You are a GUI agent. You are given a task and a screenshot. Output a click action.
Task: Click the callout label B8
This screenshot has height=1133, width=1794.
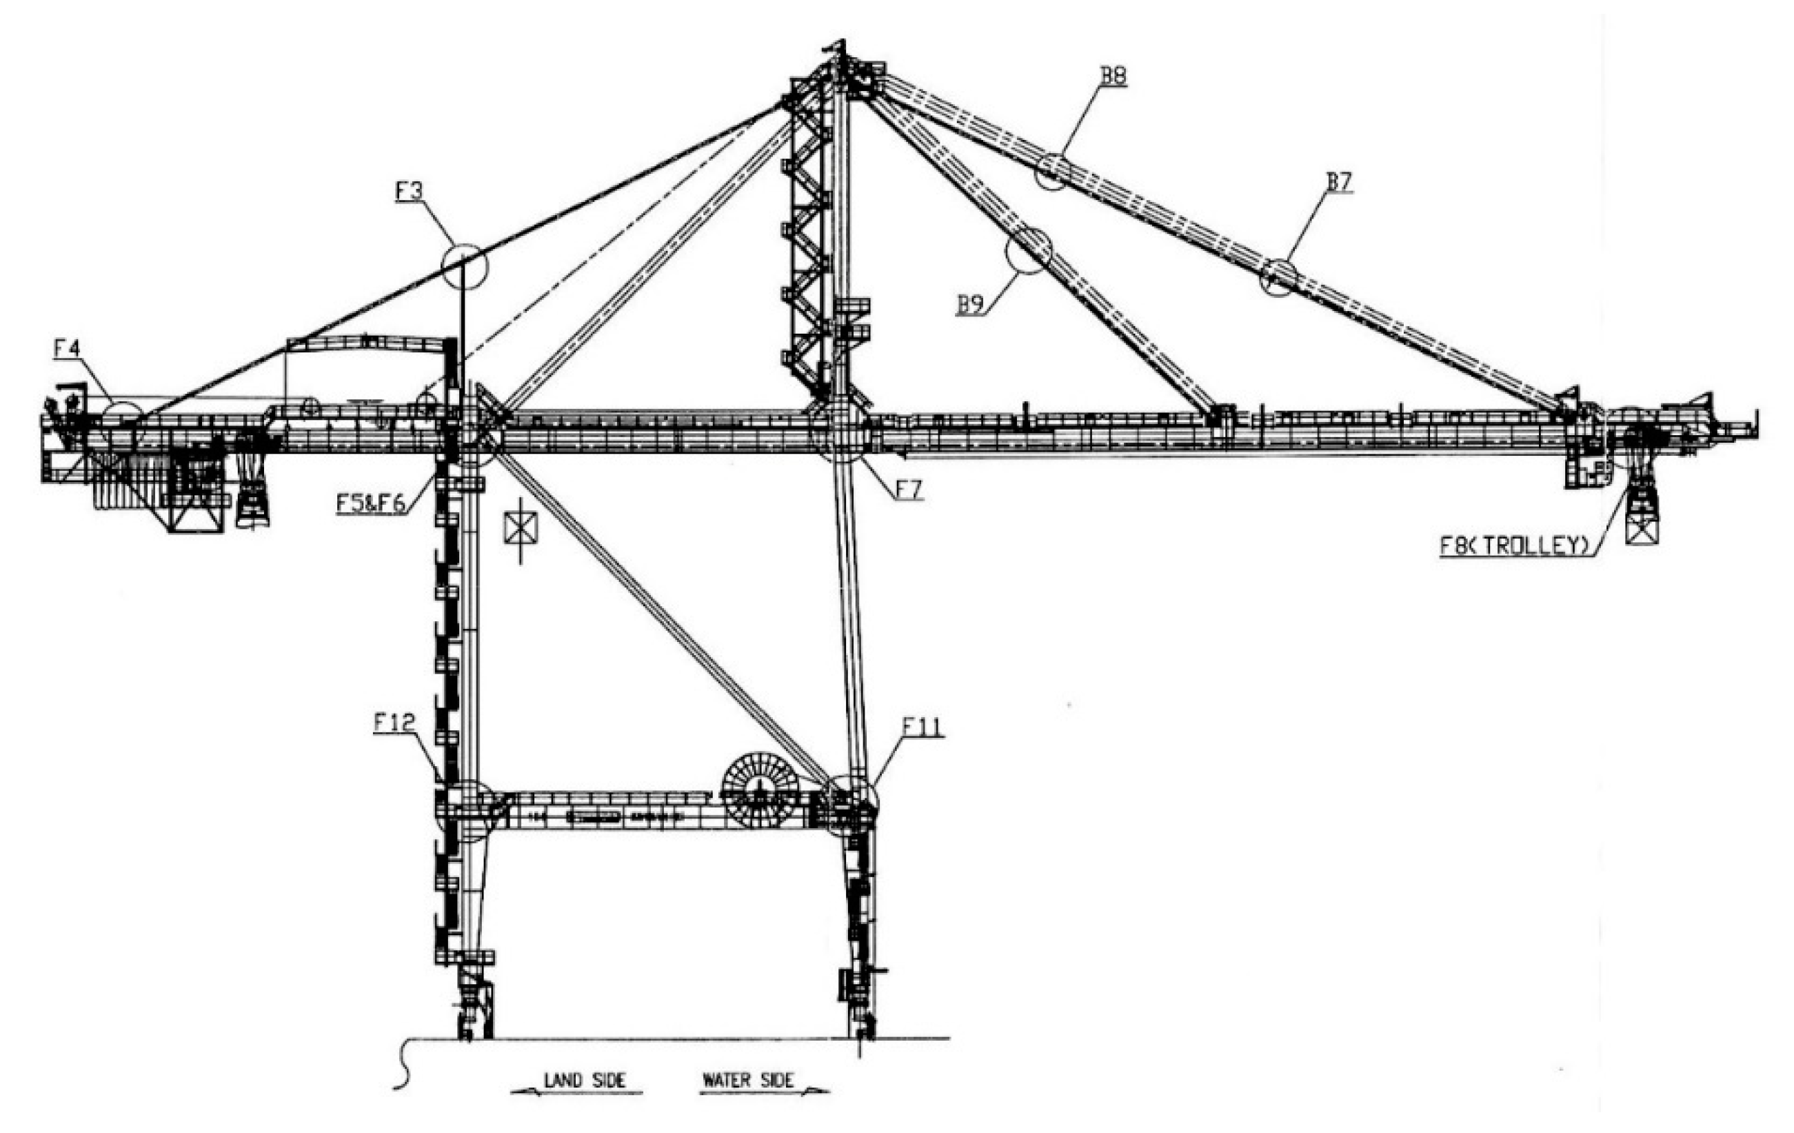pos(1112,76)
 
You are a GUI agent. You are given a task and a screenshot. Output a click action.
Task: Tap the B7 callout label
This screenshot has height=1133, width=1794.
pos(1339,182)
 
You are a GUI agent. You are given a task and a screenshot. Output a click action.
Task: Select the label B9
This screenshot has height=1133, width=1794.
pos(971,305)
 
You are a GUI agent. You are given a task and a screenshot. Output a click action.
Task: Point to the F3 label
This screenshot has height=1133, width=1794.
pos(408,192)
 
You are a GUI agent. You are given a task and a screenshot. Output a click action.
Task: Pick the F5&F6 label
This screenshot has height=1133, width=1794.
pos(370,503)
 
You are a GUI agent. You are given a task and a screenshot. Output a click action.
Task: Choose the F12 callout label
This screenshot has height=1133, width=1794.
pos(394,722)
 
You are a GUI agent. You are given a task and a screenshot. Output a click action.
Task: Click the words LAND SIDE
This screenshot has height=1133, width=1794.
pos(585,1079)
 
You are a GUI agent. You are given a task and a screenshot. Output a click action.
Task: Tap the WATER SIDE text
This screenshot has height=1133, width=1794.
pos(748,1079)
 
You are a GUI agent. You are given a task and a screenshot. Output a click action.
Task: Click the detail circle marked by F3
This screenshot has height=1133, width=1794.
pos(464,266)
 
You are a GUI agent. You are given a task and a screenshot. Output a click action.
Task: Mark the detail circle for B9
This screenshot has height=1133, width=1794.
pos(1028,251)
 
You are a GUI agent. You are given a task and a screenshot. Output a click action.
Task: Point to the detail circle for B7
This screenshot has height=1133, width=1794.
pos(1278,278)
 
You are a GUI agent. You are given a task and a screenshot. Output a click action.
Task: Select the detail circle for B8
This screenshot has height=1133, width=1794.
pos(1052,171)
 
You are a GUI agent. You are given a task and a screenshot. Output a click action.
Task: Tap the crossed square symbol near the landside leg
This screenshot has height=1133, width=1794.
pos(521,528)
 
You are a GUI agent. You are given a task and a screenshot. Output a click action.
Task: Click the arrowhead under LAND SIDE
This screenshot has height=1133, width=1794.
pos(518,1092)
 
